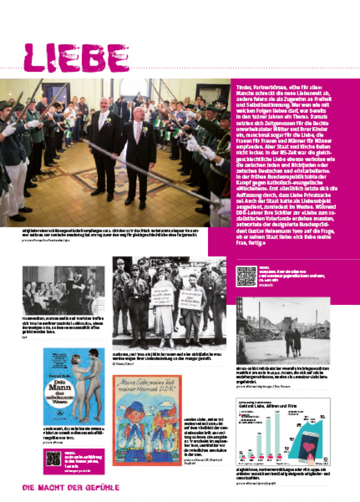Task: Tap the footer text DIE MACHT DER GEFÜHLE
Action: (x=71, y=487)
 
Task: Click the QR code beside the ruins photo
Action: (x=246, y=276)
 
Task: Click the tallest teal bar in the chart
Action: (x=278, y=436)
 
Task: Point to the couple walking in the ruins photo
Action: (x=293, y=340)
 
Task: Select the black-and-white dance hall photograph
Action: (x=63, y=290)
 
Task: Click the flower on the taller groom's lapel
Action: (x=109, y=121)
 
